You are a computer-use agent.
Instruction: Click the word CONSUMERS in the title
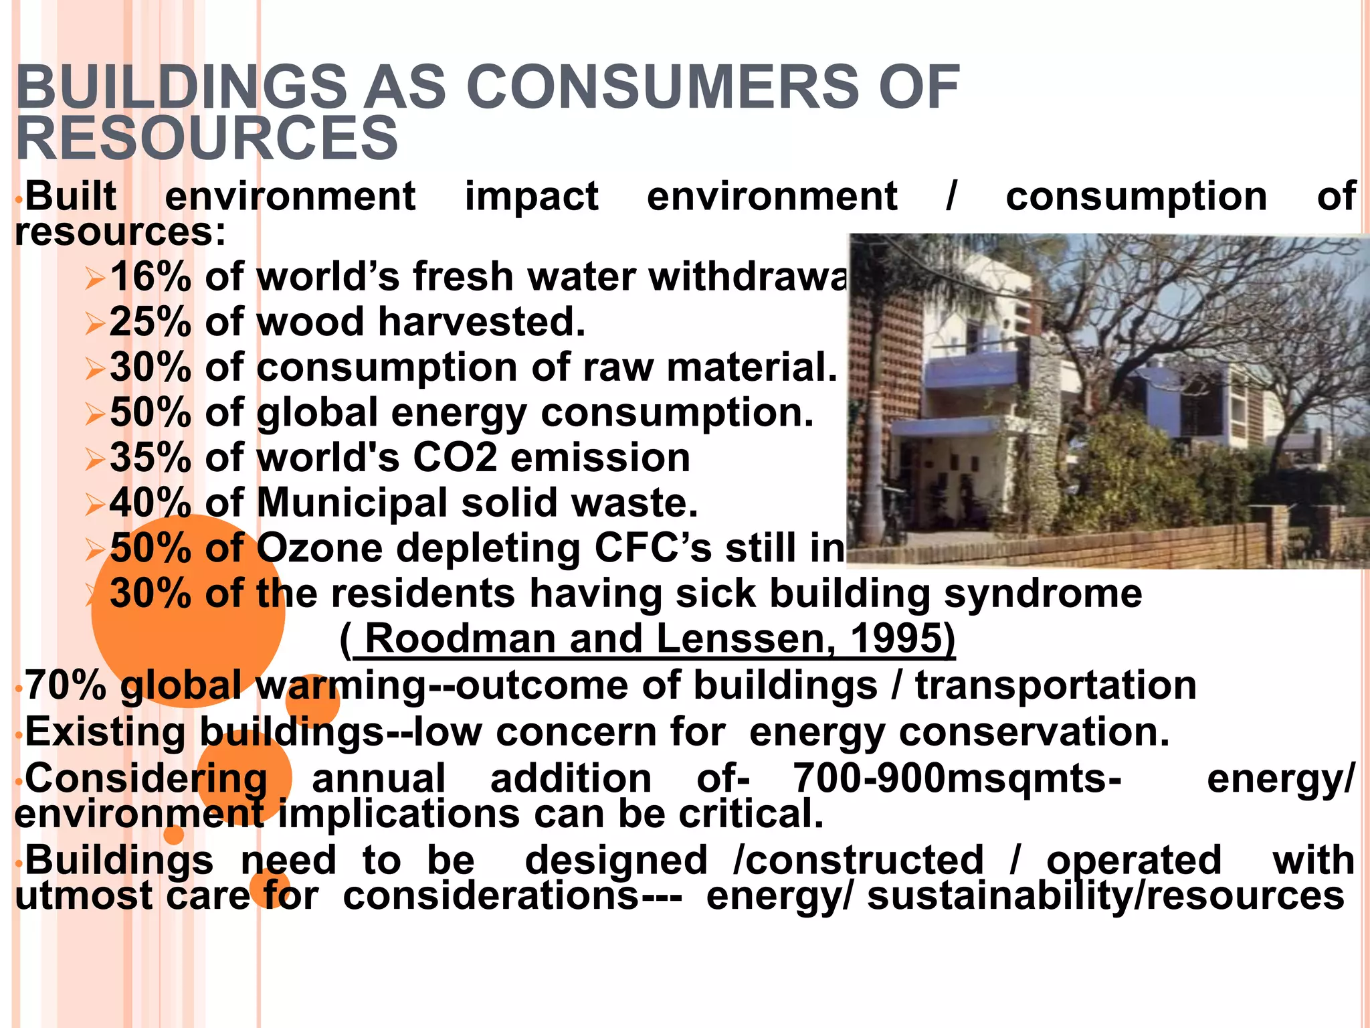pos(662,87)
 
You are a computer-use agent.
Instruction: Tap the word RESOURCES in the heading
pos(207,138)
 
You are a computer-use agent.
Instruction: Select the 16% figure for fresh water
pos(151,276)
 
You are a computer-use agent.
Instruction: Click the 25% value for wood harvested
pos(151,322)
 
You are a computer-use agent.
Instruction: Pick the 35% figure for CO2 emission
pos(151,458)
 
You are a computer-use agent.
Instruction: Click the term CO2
pos(455,458)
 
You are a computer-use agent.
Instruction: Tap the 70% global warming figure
pos(66,685)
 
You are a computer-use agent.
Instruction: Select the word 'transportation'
pos(1056,685)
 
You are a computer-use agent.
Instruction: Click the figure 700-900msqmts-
pos(957,779)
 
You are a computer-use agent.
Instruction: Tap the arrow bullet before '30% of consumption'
pos(95,369)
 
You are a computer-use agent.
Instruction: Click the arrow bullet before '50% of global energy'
pos(95,415)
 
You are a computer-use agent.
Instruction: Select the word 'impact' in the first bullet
pos(532,197)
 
